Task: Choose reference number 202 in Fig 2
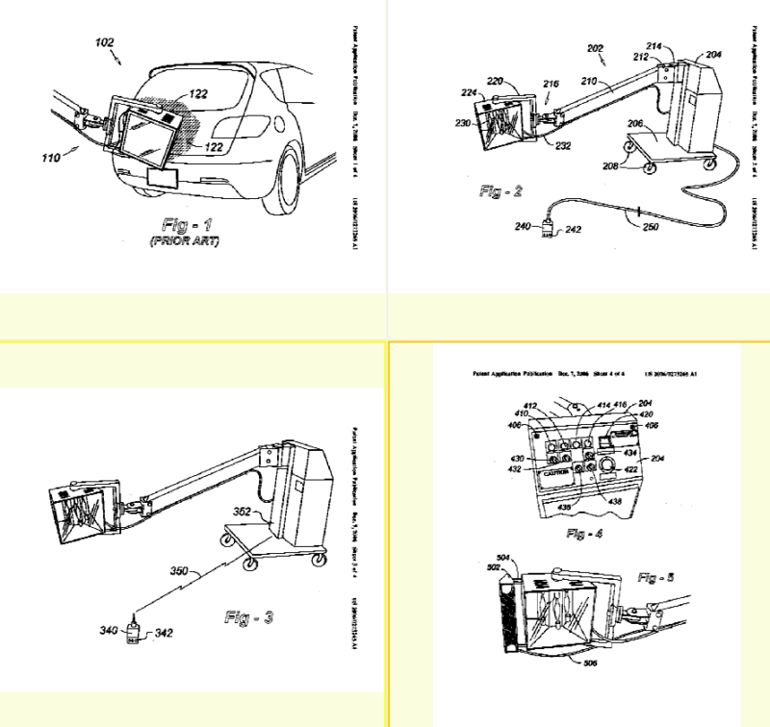click(x=594, y=47)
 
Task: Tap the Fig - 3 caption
click(x=248, y=616)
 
